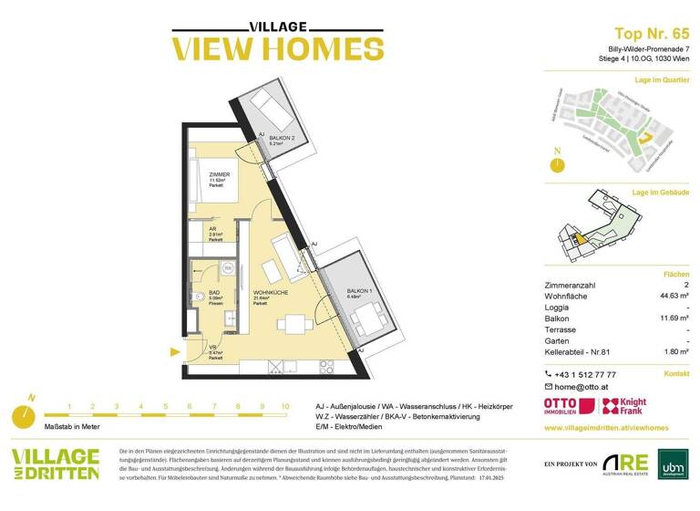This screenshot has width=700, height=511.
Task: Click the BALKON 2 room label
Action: [269, 138]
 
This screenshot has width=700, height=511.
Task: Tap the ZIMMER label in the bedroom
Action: [218, 174]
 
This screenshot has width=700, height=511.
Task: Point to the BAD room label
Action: [214, 292]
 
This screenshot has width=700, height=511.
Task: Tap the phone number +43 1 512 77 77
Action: [586, 374]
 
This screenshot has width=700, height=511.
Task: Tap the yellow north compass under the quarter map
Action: [555, 164]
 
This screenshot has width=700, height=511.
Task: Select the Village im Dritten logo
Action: [55, 464]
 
